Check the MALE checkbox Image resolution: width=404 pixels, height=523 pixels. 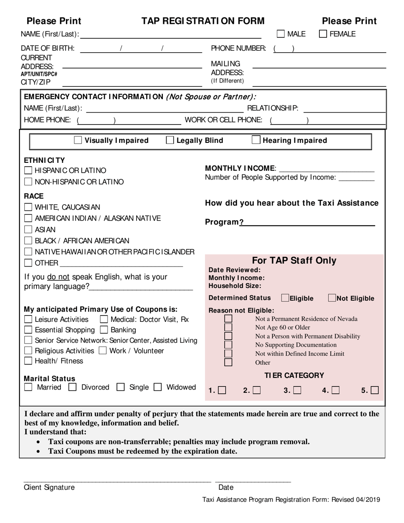point(281,34)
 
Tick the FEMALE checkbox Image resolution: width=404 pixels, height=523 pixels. point(323,34)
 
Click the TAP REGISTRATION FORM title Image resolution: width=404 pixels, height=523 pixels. point(203,21)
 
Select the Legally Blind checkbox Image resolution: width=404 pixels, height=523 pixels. point(170,140)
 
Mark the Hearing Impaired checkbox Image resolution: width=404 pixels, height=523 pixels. point(256,140)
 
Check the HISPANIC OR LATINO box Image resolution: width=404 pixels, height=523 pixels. point(28,171)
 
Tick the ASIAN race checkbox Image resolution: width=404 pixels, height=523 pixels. point(28,230)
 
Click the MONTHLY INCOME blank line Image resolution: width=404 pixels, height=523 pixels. point(327,168)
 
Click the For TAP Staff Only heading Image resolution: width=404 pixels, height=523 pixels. point(294,261)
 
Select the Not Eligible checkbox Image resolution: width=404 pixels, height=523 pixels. point(332,298)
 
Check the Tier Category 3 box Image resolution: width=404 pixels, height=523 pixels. point(298,390)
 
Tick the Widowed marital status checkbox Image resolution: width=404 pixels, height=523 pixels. point(158,387)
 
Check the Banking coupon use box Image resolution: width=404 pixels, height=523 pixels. point(103,330)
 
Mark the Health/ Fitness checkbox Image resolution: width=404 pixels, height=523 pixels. point(28,361)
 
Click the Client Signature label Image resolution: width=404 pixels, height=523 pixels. point(49,487)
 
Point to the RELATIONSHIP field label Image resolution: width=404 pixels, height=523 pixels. point(273,108)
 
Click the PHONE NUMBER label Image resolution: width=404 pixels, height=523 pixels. point(239,48)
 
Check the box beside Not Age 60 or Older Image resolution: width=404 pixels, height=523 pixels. point(228,327)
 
